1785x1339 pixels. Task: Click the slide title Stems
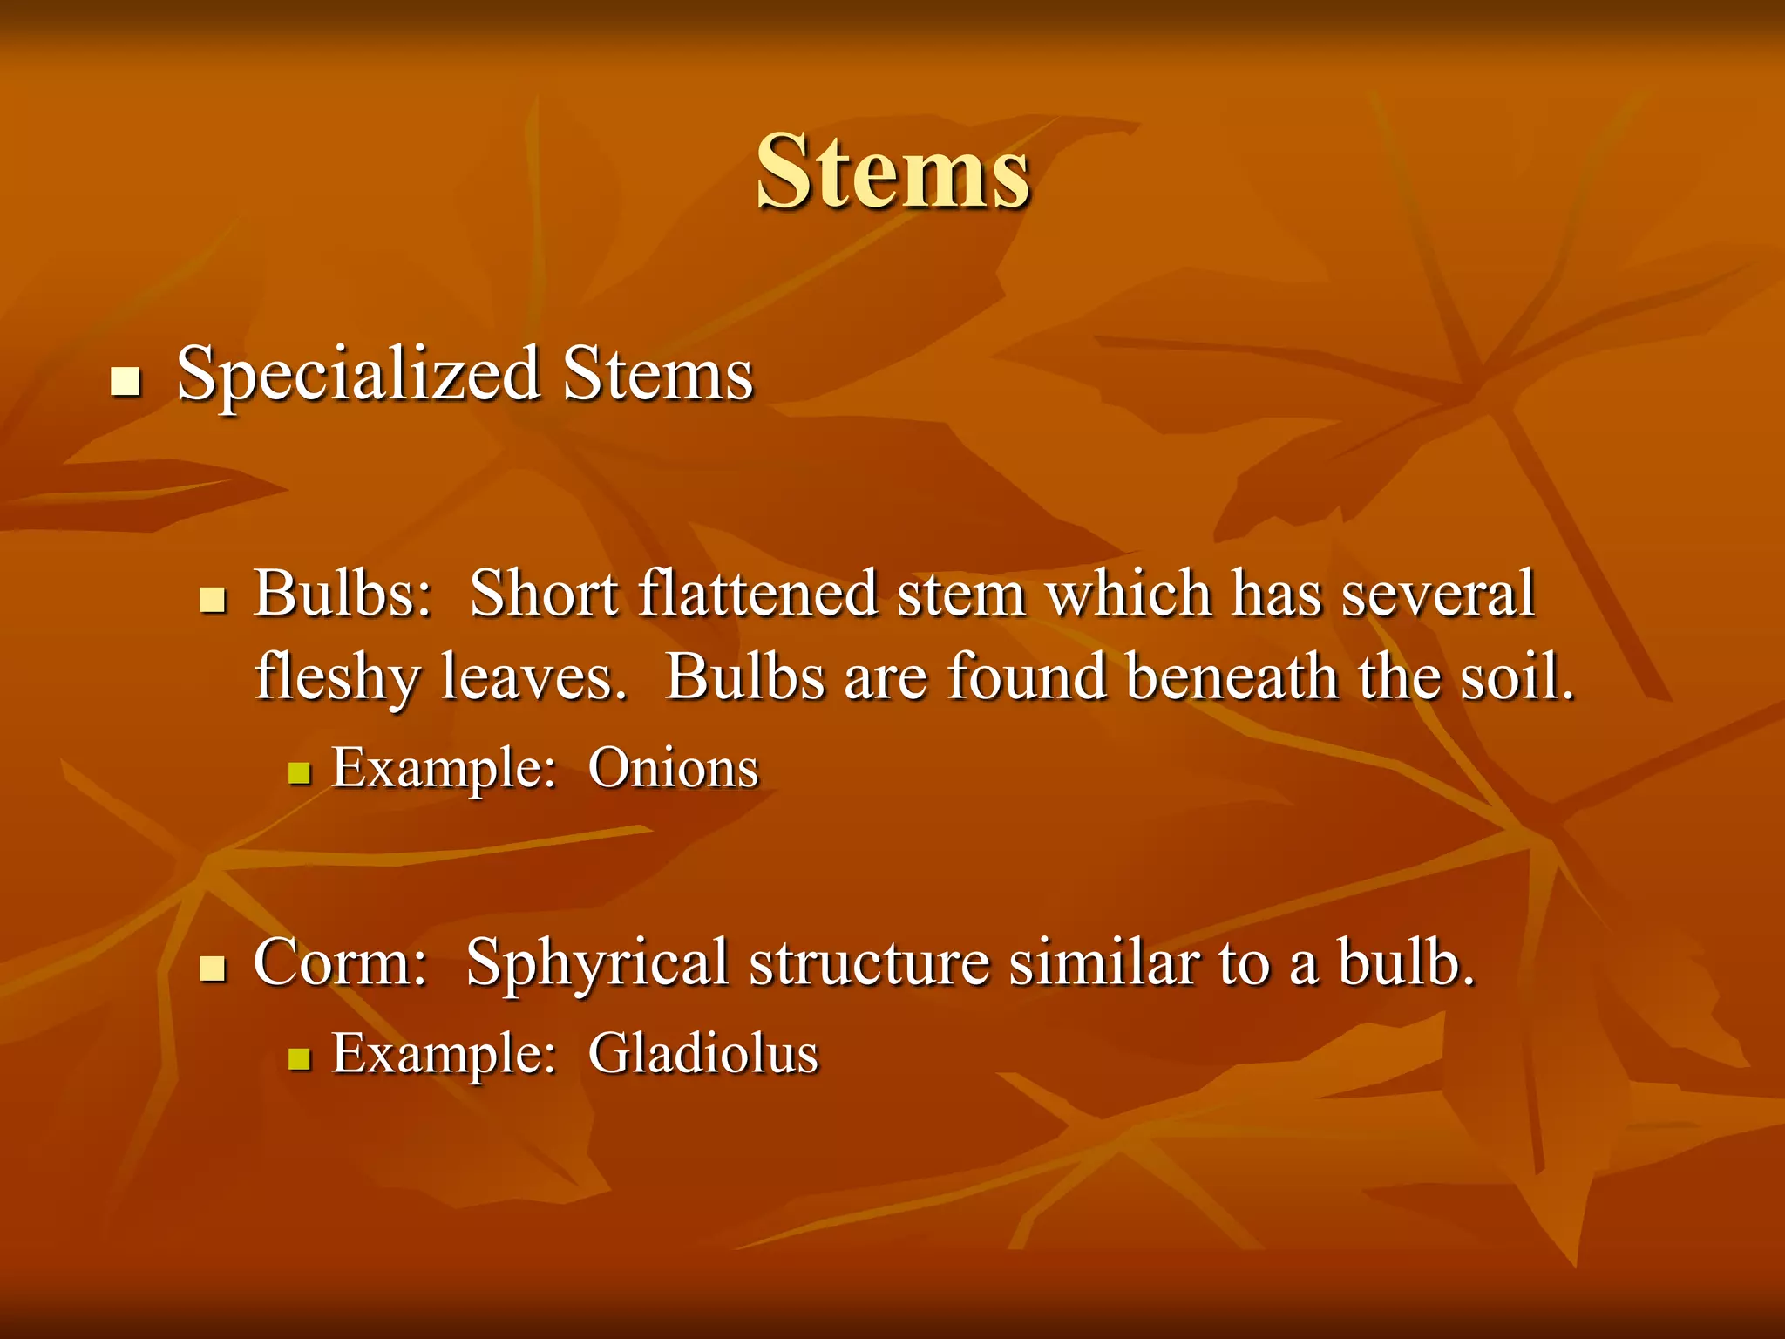pos(892,172)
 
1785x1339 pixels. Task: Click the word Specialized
pos(358,375)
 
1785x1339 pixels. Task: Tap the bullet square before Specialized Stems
pos(126,382)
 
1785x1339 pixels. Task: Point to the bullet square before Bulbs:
pos(213,600)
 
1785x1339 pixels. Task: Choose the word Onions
pos(673,769)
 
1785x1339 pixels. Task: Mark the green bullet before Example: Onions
pos(300,773)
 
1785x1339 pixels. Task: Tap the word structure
pos(869,963)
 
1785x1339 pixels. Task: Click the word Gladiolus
pos(703,1054)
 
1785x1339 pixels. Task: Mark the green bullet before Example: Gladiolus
pos(300,1058)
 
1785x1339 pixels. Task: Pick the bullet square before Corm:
pos(213,969)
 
